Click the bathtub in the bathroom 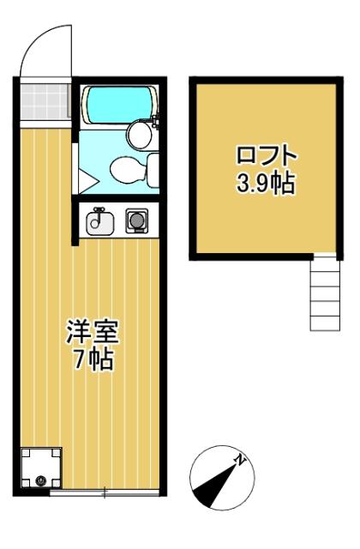pos(117,105)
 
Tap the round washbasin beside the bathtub pos(137,134)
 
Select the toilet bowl pos(127,169)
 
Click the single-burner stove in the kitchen pos(135,221)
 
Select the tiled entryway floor pos(42,103)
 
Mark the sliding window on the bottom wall pos(103,493)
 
